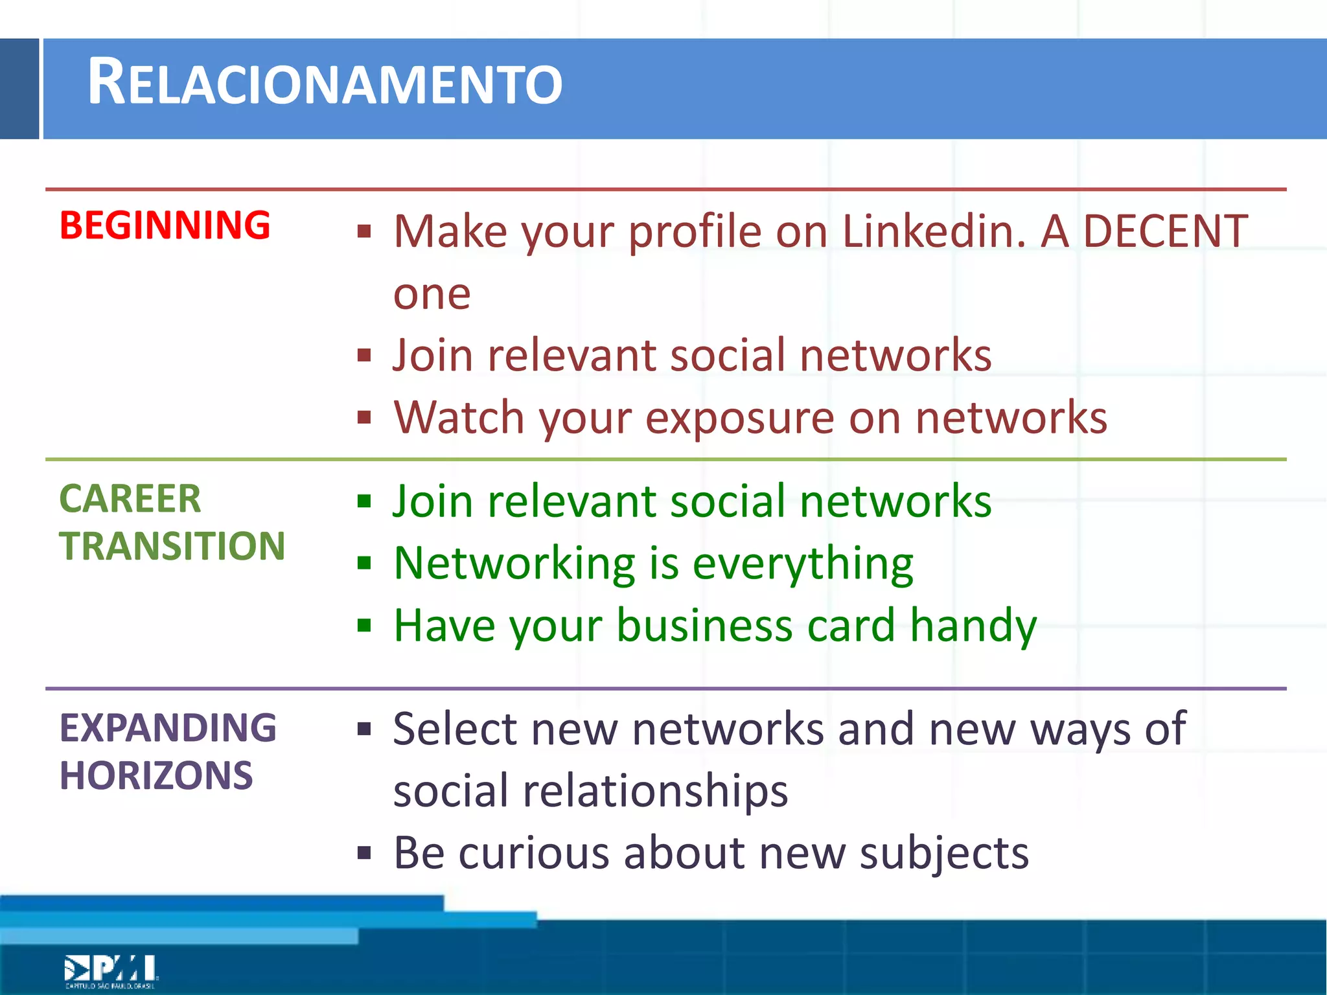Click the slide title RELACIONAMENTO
click(x=324, y=83)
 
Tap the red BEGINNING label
click(x=165, y=225)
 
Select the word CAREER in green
click(x=130, y=499)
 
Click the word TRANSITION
click(x=172, y=546)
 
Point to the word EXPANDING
click(x=168, y=727)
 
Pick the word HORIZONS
click(x=156, y=775)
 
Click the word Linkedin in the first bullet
click(x=933, y=231)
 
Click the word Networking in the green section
click(x=514, y=564)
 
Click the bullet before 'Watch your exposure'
click(x=364, y=418)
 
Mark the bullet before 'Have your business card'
click(x=364, y=626)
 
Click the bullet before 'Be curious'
click(x=364, y=853)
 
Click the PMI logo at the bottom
click(x=111, y=970)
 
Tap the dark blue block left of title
click(x=19, y=89)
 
